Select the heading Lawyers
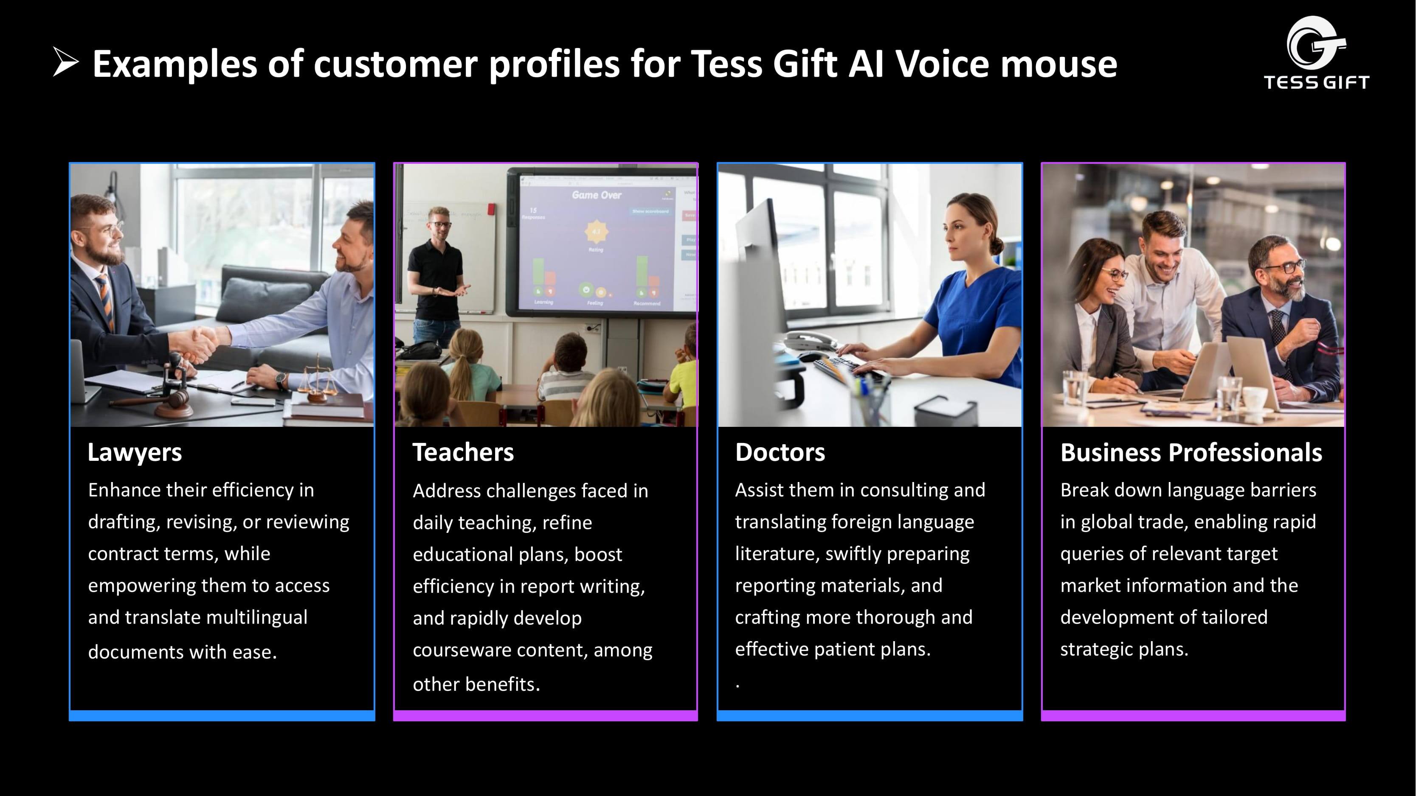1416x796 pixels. (x=134, y=453)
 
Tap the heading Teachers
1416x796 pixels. (x=463, y=453)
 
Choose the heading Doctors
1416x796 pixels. (x=780, y=453)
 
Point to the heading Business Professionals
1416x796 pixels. (x=1191, y=453)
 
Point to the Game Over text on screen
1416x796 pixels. (x=597, y=195)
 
